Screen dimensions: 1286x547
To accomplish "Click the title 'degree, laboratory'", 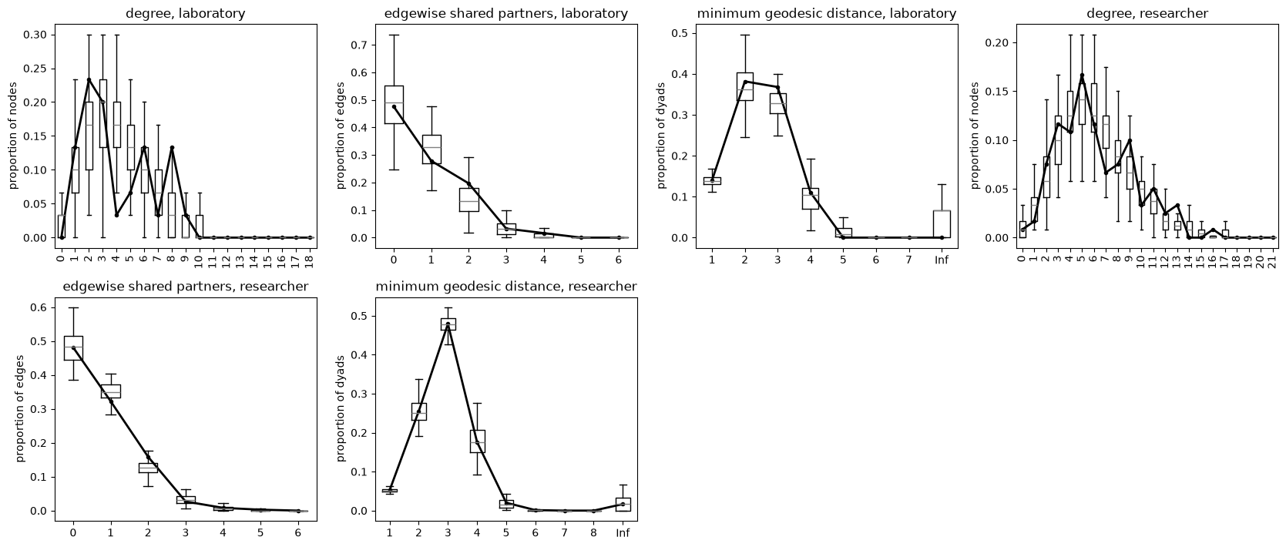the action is click(x=186, y=13).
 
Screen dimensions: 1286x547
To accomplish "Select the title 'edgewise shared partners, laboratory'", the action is click(x=505, y=13).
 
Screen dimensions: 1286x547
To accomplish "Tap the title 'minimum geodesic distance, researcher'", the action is click(x=505, y=287).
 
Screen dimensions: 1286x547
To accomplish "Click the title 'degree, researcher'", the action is click(x=1147, y=13).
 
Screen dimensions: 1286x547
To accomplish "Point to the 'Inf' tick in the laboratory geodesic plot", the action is click(x=942, y=260).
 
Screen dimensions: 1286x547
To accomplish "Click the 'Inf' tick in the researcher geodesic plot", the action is click(x=623, y=533).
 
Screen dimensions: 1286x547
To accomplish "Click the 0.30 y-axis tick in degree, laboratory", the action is click(x=35, y=35).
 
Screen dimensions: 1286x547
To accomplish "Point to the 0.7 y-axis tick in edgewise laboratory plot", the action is click(x=361, y=45).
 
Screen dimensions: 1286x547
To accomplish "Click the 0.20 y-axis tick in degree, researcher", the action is click(x=996, y=43).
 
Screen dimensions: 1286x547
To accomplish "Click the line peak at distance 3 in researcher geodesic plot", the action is click(x=448, y=325).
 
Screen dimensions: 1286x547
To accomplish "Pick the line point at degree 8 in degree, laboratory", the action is click(x=172, y=147).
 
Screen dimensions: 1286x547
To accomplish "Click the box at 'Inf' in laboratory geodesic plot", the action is click(x=942, y=224).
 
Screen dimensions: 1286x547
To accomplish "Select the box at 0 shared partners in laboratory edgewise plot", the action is click(x=394, y=105).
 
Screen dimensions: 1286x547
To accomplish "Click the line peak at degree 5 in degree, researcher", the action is click(x=1082, y=76).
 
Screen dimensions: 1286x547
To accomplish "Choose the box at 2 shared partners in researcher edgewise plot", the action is click(x=148, y=468).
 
